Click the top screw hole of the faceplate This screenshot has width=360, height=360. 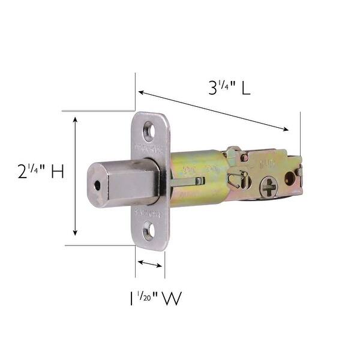tap(148, 129)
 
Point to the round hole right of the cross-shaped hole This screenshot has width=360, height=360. tap(290, 178)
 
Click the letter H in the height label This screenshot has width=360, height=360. tap(57, 172)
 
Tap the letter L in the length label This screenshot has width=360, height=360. tap(246, 89)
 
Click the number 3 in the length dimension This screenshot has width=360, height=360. tap(213, 89)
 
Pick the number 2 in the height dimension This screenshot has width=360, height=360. tap(23, 172)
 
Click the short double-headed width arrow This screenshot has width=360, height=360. tap(150, 263)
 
